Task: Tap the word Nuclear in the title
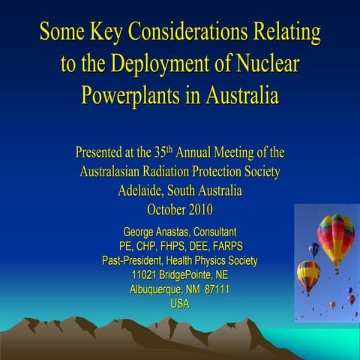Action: (x=264, y=64)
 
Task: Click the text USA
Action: (x=180, y=303)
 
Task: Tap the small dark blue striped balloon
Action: (x=314, y=249)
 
